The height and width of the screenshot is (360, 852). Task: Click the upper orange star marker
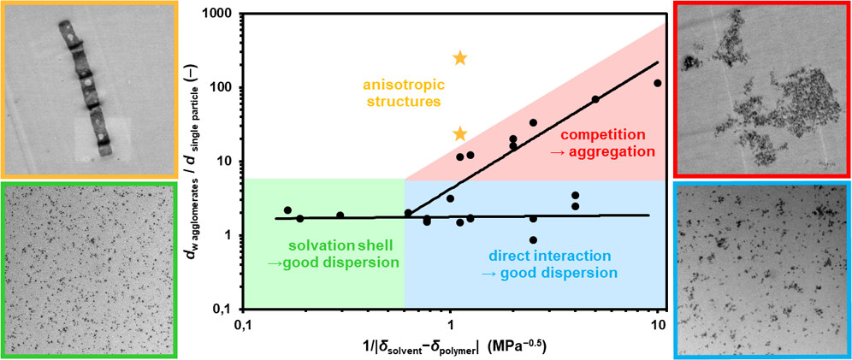459,58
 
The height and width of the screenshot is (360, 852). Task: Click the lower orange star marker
459,133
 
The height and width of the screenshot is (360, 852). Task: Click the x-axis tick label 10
657,325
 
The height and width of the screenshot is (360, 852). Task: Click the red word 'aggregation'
606,151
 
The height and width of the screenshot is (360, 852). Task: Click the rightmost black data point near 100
657,83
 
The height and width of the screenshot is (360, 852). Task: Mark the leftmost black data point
287,210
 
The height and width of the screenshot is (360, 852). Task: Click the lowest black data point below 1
533,240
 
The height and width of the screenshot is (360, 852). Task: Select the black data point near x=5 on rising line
595,99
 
